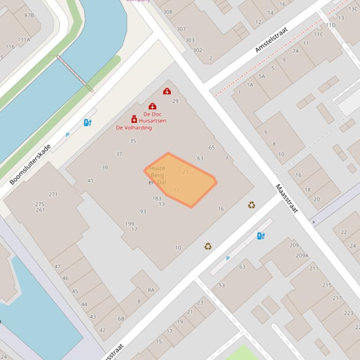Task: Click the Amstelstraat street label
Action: click(272, 40)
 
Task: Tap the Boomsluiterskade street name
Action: click(30, 164)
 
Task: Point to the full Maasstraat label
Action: click(287, 198)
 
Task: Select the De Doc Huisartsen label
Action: click(152, 117)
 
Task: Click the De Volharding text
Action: click(134, 128)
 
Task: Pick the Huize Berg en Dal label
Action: click(157, 175)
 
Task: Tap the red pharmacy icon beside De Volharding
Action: click(134, 119)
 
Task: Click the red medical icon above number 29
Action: click(167, 92)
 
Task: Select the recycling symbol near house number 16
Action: click(252, 205)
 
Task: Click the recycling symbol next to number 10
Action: click(208, 246)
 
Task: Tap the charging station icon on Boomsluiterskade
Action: click(88, 122)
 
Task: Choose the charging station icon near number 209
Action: click(261, 236)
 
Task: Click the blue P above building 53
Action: click(228, 259)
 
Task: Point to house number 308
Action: click(168, 12)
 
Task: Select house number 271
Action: click(53, 194)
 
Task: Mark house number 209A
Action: click(302, 255)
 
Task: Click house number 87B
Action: click(29, 15)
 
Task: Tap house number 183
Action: click(157, 198)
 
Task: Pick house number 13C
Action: click(353, 8)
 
